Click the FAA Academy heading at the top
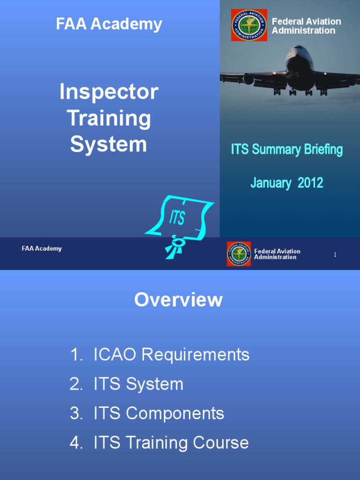(109, 24)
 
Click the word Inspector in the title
(109, 92)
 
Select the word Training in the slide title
(109, 118)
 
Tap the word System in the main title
(109, 144)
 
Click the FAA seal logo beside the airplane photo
(249, 25)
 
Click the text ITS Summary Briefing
(287, 150)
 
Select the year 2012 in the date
(310, 183)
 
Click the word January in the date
(271, 183)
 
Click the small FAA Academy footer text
(42, 248)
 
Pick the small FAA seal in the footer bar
(239, 254)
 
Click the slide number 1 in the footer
(335, 255)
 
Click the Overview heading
(179, 300)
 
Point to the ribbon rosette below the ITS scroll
(176, 245)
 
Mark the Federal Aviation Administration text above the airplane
(307, 26)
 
